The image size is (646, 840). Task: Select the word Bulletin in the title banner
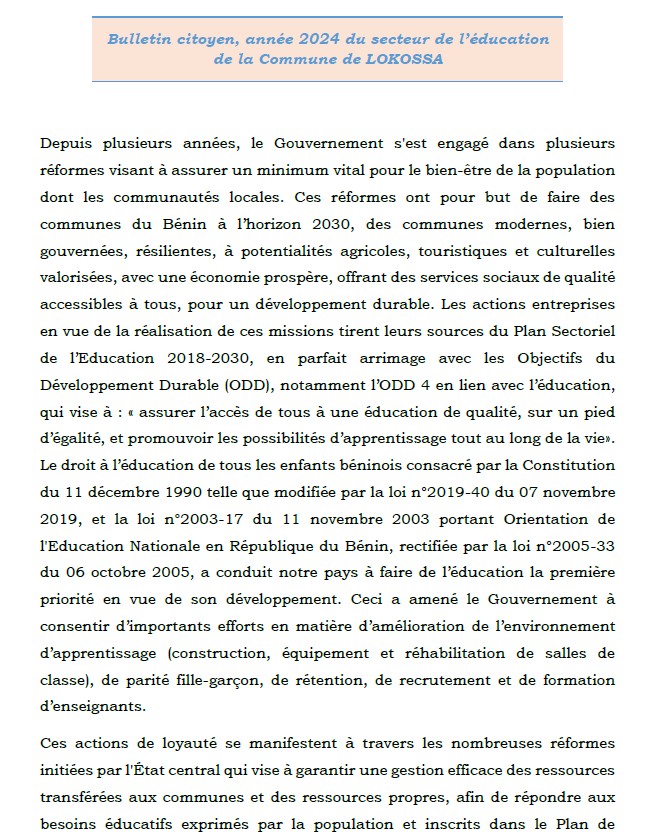(139, 38)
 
